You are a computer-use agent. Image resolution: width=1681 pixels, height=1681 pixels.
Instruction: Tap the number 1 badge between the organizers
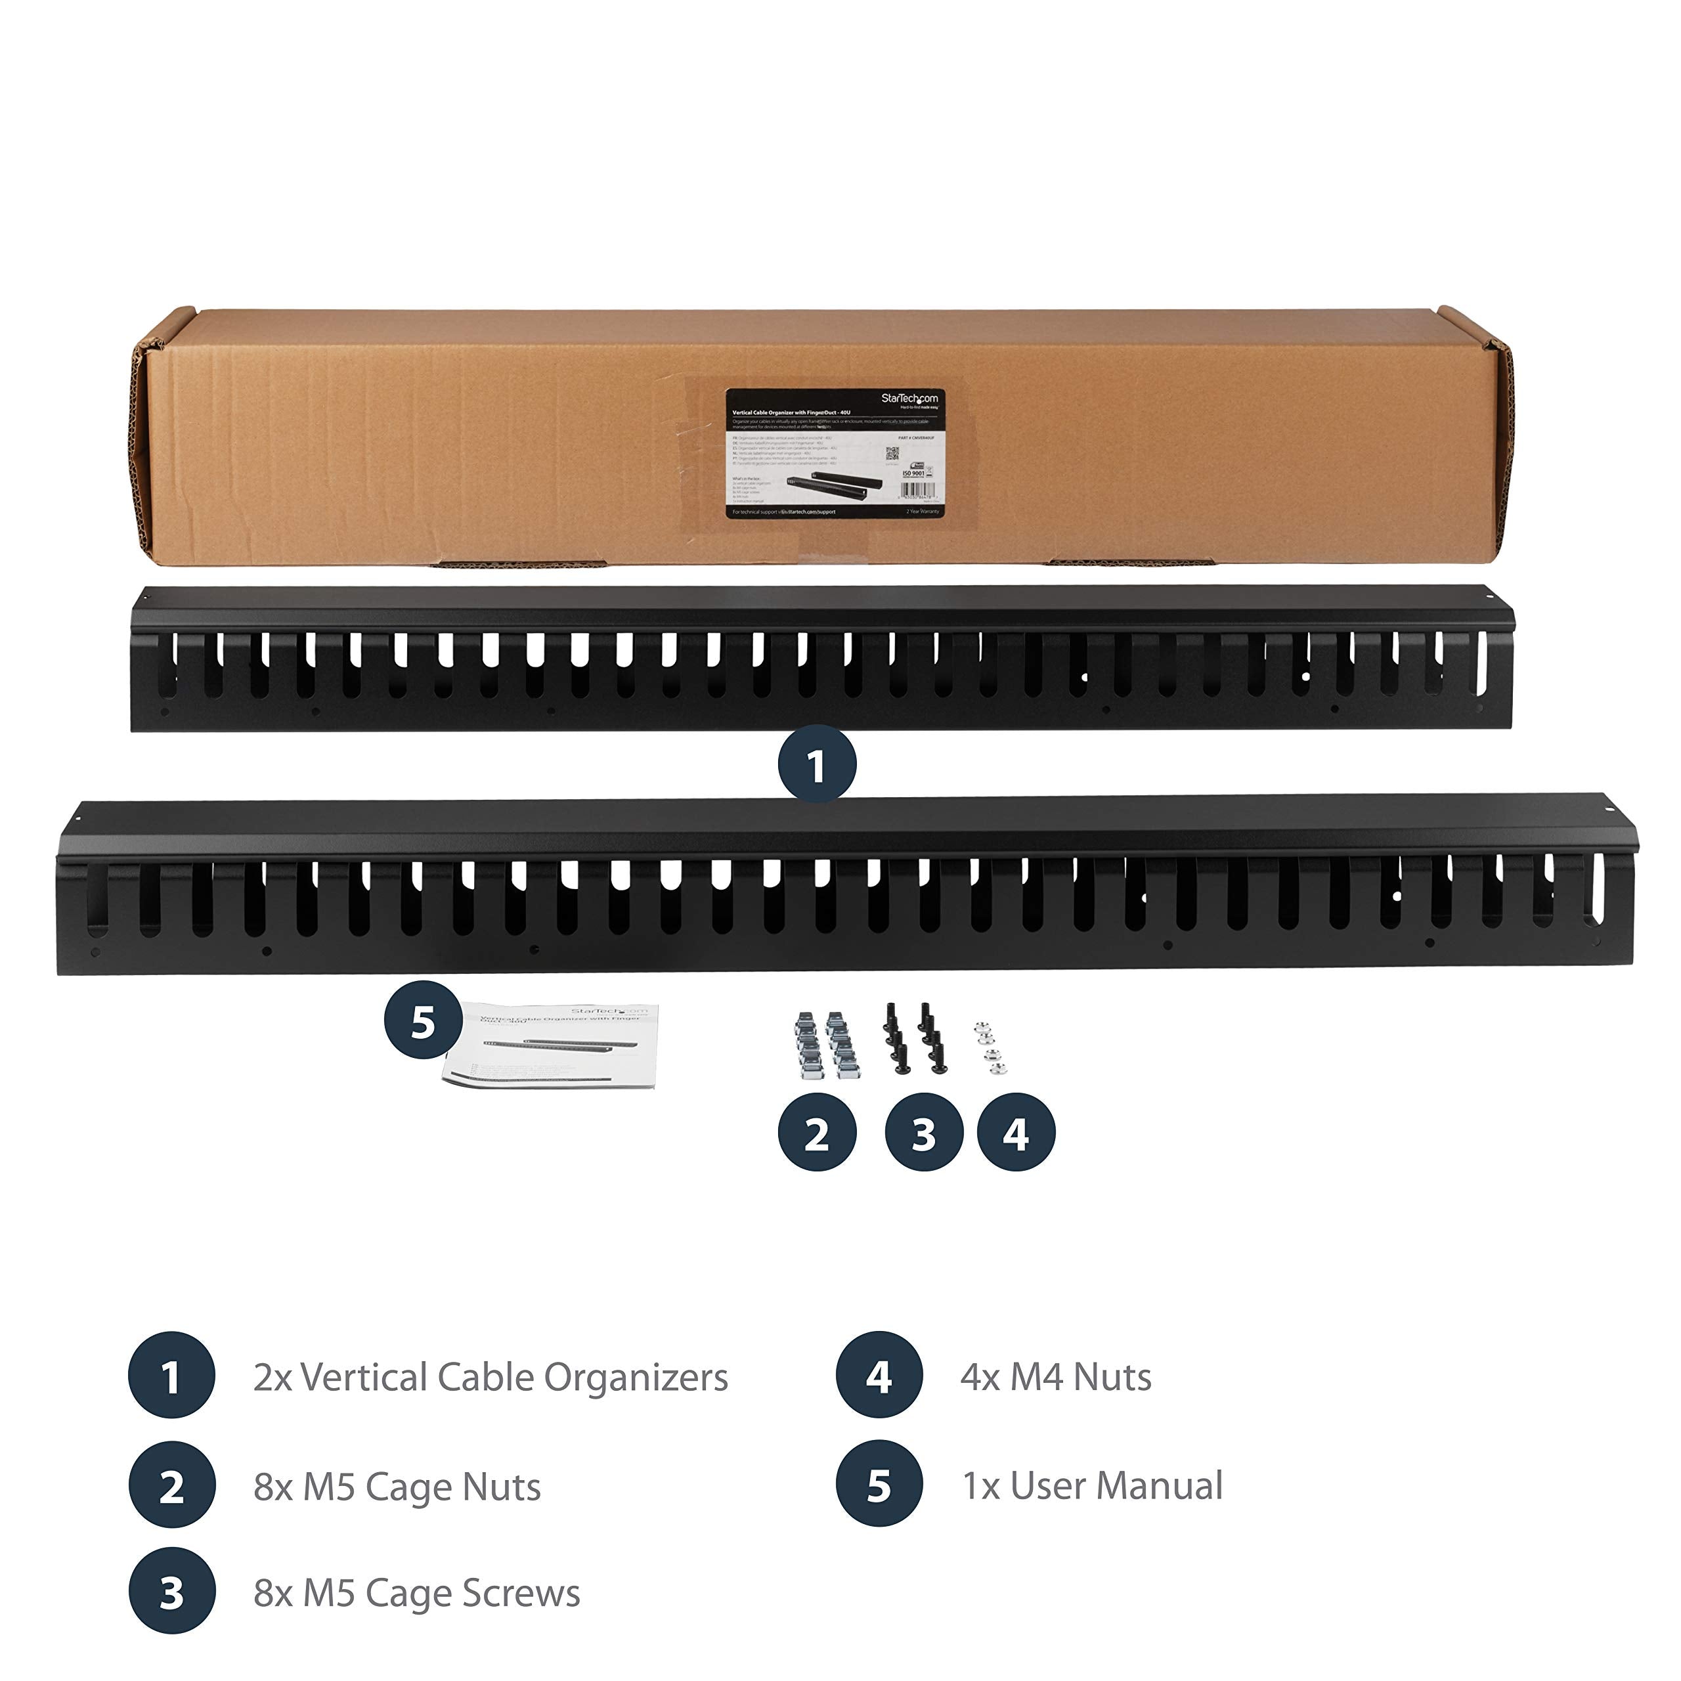pos(816,766)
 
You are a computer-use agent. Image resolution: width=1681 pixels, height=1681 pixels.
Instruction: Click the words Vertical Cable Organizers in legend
pos(490,1378)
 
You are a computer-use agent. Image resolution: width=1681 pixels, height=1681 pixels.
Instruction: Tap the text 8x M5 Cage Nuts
pos(397,1487)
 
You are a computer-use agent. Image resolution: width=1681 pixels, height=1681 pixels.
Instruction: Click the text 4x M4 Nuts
pos(1055,1378)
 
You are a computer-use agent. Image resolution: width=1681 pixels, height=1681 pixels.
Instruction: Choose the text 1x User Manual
pos(1092,1486)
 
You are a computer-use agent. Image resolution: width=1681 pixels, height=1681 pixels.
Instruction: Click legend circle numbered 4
pos(879,1378)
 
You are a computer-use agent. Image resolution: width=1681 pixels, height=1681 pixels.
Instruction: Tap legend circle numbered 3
pos(171,1593)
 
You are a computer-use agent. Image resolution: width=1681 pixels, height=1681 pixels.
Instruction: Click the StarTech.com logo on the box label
pos(909,399)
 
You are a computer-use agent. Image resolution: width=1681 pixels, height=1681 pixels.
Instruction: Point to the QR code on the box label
pos(892,454)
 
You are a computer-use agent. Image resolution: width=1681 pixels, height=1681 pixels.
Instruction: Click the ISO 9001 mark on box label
pos(913,473)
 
